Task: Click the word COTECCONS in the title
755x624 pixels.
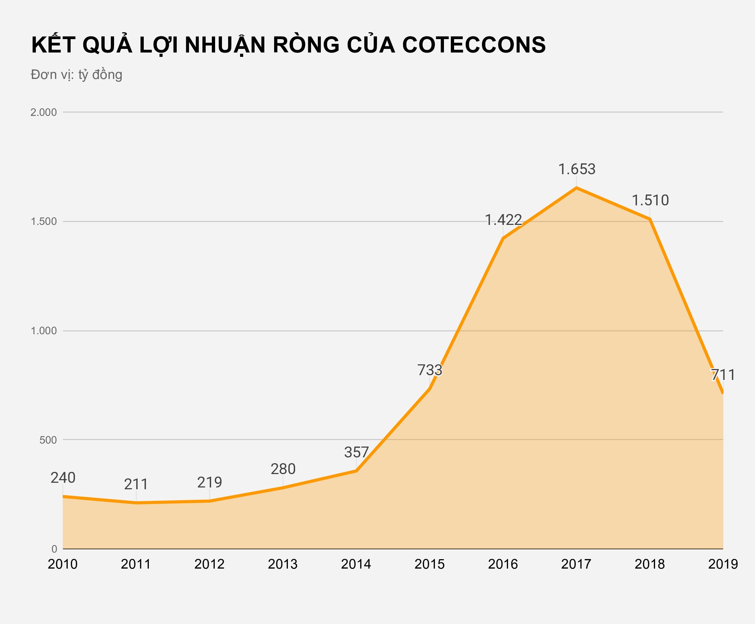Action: [474, 45]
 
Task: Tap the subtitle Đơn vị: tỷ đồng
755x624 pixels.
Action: [76, 75]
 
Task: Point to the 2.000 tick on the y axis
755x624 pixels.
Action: [43, 112]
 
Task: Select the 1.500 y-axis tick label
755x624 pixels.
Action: [43, 222]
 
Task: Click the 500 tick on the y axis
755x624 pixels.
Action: [48, 440]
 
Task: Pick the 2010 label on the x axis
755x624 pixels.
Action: [63, 564]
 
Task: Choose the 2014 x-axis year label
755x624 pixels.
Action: [356, 564]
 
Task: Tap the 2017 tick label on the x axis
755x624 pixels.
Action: [576, 564]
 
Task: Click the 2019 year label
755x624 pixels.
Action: [723, 564]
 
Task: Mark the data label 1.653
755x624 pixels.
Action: [577, 169]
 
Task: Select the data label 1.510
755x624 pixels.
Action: [650, 200]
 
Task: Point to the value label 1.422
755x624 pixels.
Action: [503, 220]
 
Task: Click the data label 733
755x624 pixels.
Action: [430, 370]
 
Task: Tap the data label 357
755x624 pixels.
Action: [356, 452]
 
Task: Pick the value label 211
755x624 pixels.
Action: [136, 484]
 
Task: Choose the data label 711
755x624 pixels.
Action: [723, 375]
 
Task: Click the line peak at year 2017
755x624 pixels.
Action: [576, 188]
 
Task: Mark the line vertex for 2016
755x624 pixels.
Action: [503, 238]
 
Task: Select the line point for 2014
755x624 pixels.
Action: [356, 471]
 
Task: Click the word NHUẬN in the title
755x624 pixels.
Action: [225, 45]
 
